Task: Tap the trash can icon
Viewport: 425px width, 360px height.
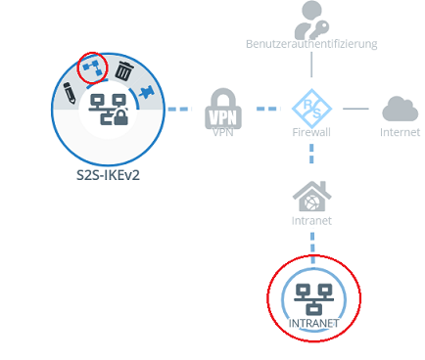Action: [x=124, y=70]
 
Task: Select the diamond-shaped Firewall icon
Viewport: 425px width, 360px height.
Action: [x=312, y=107]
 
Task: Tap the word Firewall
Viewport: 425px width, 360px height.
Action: [x=312, y=131]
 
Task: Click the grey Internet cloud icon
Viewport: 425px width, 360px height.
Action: [x=400, y=108]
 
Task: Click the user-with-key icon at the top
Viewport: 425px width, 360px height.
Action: [x=312, y=18]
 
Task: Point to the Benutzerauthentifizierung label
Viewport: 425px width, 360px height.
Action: [x=312, y=44]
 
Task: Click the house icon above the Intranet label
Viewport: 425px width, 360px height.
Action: [x=312, y=196]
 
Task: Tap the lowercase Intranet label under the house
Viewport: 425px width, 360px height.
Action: [x=312, y=220]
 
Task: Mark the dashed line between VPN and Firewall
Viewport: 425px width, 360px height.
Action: [x=267, y=108]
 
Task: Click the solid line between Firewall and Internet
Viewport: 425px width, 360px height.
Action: [x=356, y=108]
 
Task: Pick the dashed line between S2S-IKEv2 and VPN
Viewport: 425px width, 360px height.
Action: [x=178, y=108]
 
